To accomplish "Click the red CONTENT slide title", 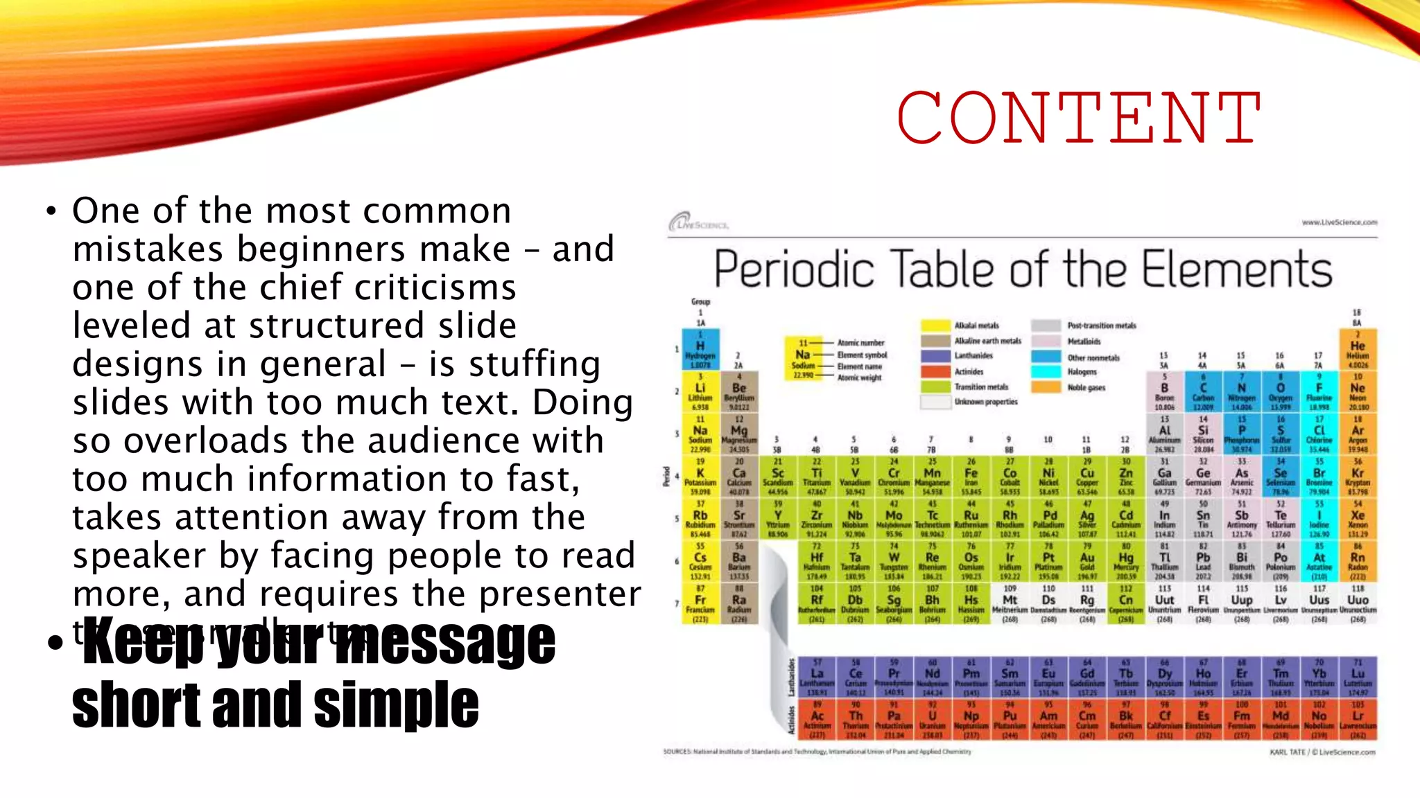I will click(1078, 118).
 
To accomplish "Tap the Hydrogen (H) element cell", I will click(700, 350).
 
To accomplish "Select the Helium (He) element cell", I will click(1358, 350).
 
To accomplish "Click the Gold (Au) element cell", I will click(1087, 561).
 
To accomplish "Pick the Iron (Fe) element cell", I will click(971, 477).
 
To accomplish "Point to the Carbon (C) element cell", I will click(1203, 392).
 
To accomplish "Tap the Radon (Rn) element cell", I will click(1358, 561).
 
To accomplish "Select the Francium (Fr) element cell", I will click(700, 603).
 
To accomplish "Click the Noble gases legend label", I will click(1086, 388).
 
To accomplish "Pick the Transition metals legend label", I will click(981, 387).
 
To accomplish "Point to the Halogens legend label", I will click(1082, 372).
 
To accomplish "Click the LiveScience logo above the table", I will click(698, 223).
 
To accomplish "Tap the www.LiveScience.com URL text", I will click(1339, 222).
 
